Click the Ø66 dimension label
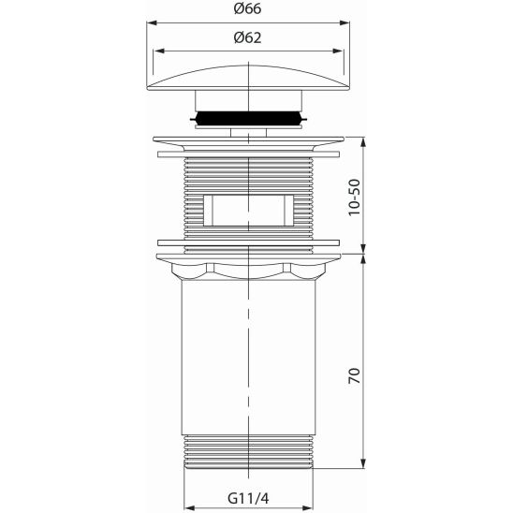tap(247, 10)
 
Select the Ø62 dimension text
tap(247, 38)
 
